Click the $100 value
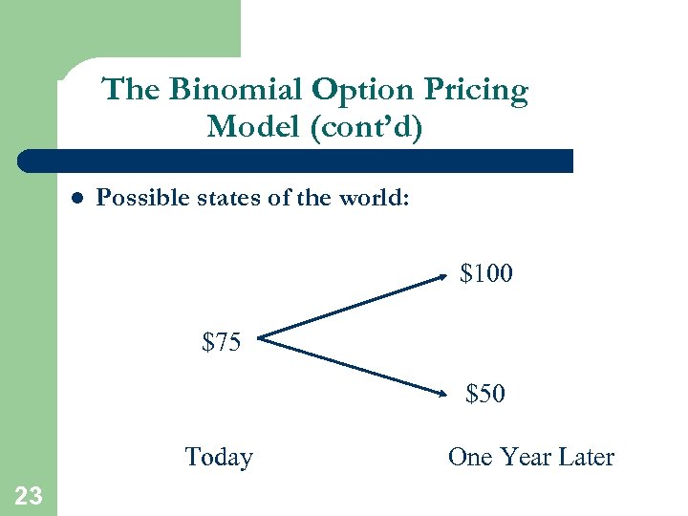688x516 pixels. pyautogui.click(x=486, y=274)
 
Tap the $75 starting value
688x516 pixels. pyautogui.click(x=222, y=341)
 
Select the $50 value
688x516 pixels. pyautogui.click(x=485, y=394)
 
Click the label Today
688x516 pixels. pyautogui.click(x=219, y=458)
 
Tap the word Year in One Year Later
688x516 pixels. pyautogui.click(x=527, y=458)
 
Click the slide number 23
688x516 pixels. pyautogui.click(x=29, y=495)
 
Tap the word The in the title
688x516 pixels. pyautogui.click(x=132, y=90)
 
